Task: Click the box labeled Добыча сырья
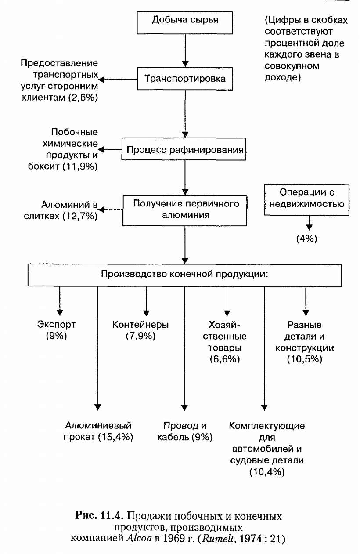[184, 22]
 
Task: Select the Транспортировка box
[185, 79]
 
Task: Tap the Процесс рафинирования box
[185, 150]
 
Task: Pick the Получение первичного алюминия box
[185, 210]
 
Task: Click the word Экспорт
[56, 325]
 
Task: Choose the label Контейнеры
[140, 325]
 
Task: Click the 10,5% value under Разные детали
[304, 359]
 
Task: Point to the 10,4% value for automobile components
[267, 472]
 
